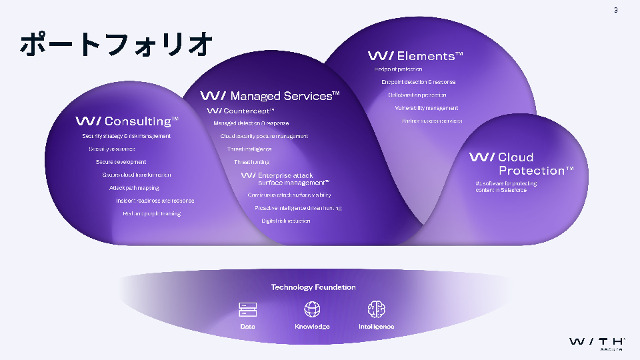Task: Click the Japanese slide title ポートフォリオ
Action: [117, 45]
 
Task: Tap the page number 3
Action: [616, 9]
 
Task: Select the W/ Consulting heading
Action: [127, 121]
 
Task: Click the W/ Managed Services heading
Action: [270, 96]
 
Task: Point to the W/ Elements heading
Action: [415, 56]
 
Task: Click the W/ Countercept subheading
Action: [241, 111]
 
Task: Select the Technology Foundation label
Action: [313, 287]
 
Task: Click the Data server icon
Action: [248, 309]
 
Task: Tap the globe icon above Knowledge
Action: [312, 309]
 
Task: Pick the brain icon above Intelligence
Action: [377, 309]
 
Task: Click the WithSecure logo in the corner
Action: [597, 343]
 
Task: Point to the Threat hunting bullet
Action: [251, 162]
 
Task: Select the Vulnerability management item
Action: [427, 108]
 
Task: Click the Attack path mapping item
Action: [134, 188]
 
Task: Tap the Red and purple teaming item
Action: [151, 213]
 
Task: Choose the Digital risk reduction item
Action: [286, 221]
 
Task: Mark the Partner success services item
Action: [432, 121]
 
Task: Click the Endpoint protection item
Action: [398, 69]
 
